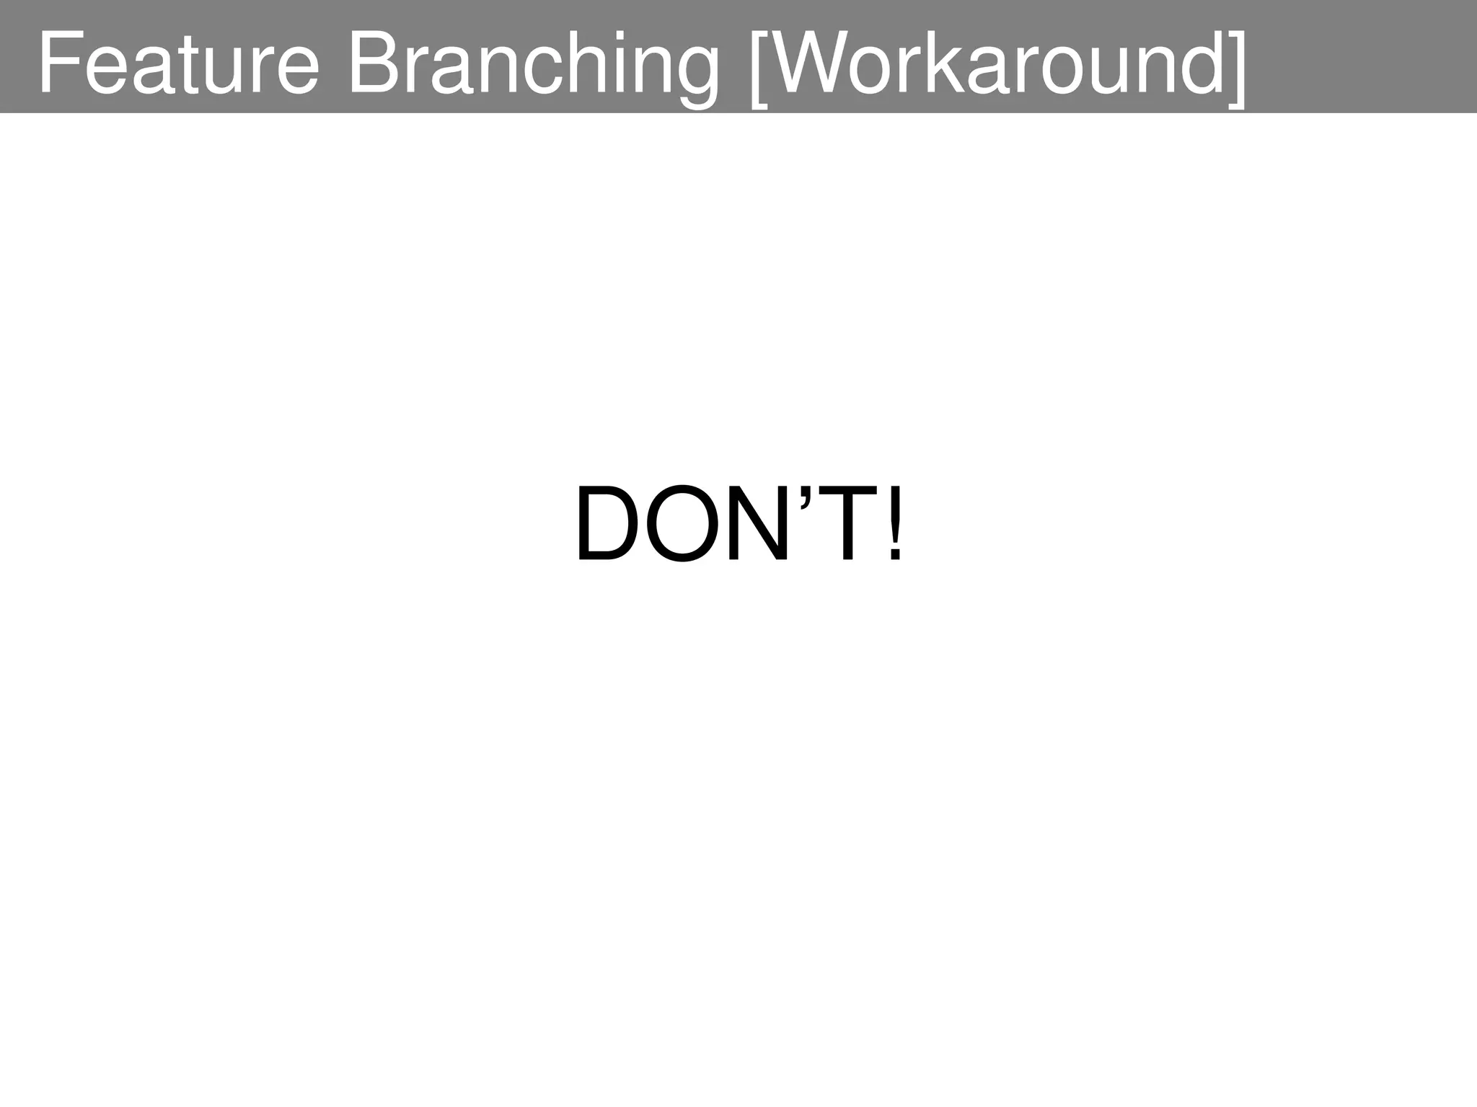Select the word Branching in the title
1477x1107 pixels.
pyautogui.click(x=533, y=65)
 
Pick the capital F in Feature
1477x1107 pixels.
pyautogui.click(x=58, y=63)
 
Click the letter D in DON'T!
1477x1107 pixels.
pyautogui.click(x=607, y=524)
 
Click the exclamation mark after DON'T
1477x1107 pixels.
pyautogui.click(x=894, y=524)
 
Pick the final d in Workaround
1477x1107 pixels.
pyautogui.click(x=1197, y=63)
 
